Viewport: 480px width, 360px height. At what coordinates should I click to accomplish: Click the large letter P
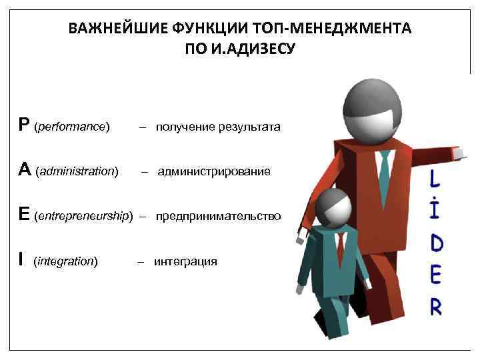click(x=24, y=125)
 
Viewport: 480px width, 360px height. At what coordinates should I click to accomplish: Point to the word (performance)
click(x=72, y=126)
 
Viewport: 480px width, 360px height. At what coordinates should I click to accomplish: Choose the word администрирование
click(x=214, y=172)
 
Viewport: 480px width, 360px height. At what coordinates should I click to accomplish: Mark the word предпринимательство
click(x=219, y=217)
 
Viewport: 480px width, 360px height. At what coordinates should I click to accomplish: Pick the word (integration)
click(x=65, y=261)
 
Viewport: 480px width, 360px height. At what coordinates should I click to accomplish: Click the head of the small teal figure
click(x=331, y=207)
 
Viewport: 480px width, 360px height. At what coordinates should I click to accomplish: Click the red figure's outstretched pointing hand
click(x=458, y=154)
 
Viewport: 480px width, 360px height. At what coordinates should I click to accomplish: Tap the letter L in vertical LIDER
click(x=435, y=179)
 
